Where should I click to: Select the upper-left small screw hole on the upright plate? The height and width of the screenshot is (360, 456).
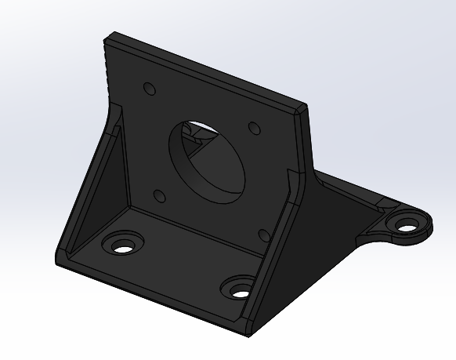pos(147,89)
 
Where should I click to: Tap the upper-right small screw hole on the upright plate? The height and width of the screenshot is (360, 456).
pos(254,128)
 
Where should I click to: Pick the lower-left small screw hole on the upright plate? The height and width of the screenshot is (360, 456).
pos(159,195)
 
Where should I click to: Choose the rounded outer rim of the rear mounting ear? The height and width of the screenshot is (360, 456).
pos(429,229)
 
